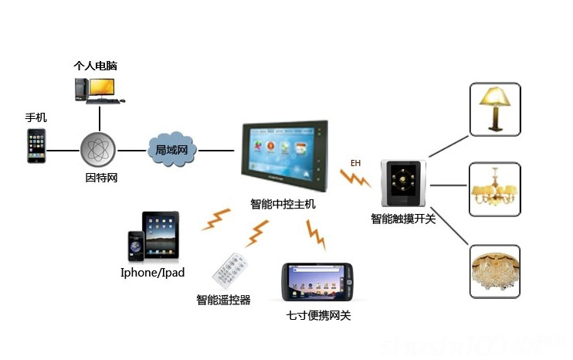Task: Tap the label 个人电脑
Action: click(95, 66)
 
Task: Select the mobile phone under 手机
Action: click(36, 146)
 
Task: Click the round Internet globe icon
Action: click(99, 150)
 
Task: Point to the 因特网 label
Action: click(100, 178)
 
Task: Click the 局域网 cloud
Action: click(171, 148)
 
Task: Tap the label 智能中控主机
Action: click(283, 205)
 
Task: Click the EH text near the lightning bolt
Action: click(355, 163)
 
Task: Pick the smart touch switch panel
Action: click(402, 185)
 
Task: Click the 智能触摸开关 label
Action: click(403, 219)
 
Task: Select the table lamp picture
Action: click(495, 109)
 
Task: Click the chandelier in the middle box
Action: click(495, 189)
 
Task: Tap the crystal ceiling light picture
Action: click(495, 271)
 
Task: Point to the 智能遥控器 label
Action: click(223, 300)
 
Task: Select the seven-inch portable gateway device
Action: click(317, 282)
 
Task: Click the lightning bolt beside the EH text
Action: click(357, 180)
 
